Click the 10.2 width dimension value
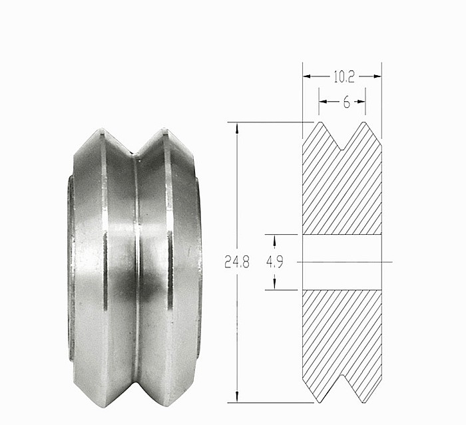[343, 76]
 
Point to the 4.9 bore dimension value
[275, 262]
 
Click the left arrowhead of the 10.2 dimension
[307, 76]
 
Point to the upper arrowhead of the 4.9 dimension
[275, 238]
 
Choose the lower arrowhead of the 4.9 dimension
[275, 285]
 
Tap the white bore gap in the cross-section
[342, 262]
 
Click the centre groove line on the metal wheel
[136, 266]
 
